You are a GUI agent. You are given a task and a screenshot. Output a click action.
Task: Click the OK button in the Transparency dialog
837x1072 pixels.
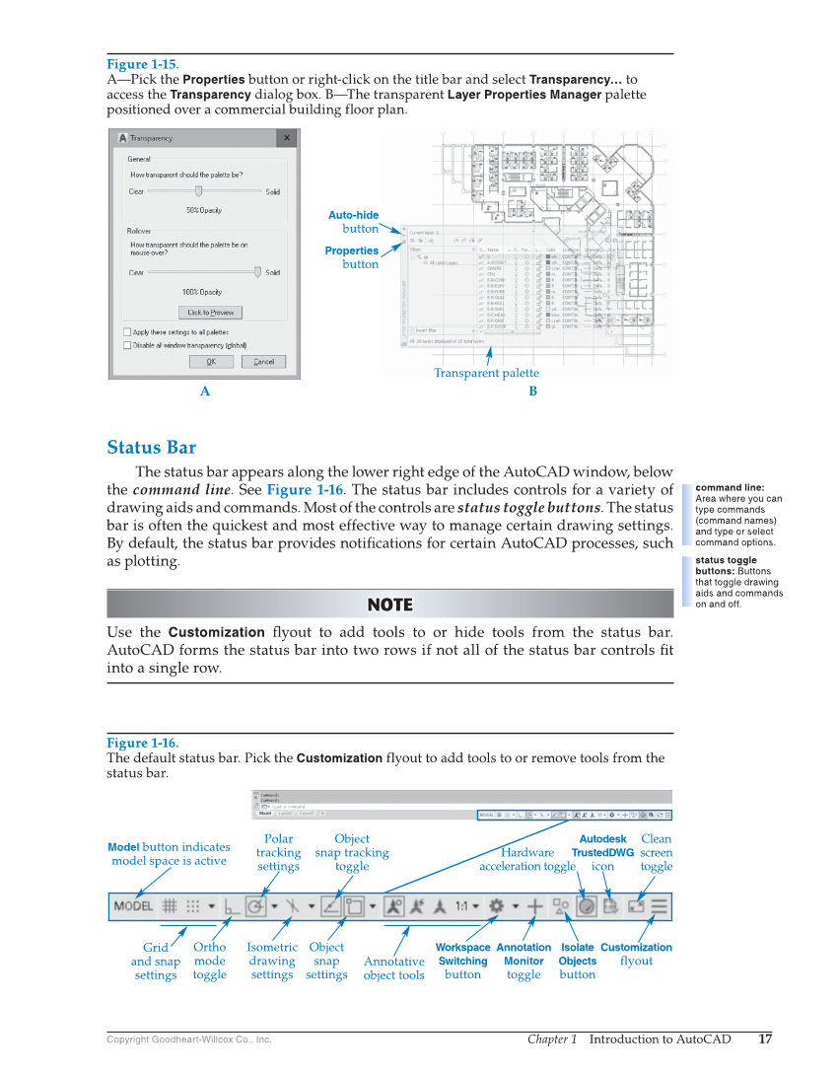click(x=211, y=362)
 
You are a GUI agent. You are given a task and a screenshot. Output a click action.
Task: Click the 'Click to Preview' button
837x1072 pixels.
click(x=211, y=313)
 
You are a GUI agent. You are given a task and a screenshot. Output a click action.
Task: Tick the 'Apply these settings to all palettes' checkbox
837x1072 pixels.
click(x=127, y=332)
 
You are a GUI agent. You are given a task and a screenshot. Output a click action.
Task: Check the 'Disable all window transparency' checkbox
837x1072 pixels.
click(x=127, y=345)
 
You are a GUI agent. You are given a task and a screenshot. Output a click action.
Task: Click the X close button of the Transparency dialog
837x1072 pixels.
click(x=287, y=138)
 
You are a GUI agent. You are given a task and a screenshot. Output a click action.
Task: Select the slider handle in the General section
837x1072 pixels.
click(x=198, y=191)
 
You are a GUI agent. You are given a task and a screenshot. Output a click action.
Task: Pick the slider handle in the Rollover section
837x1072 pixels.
click(x=257, y=272)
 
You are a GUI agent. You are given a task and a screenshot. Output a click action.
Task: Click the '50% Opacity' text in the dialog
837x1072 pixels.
click(x=204, y=210)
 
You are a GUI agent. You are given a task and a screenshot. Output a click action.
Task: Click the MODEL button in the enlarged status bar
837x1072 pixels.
click(x=133, y=906)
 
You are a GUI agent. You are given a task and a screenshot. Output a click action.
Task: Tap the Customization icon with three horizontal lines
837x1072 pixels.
click(x=659, y=905)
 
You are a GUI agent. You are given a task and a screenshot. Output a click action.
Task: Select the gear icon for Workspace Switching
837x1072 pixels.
click(x=497, y=905)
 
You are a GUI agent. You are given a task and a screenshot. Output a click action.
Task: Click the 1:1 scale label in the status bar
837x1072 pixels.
click(x=461, y=905)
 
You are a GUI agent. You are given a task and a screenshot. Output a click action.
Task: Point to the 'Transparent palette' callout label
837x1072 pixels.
click(x=486, y=373)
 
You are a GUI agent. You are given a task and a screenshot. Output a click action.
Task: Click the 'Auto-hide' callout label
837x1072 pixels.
click(x=353, y=215)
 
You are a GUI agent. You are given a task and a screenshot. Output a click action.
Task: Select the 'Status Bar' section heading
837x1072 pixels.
click(x=151, y=448)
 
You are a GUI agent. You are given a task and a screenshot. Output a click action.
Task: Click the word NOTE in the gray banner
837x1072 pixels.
click(x=389, y=605)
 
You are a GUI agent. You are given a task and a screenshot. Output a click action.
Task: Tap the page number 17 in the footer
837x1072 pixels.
click(x=765, y=1038)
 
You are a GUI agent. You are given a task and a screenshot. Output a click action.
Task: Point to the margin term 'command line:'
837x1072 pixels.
click(x=730, y=487)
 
